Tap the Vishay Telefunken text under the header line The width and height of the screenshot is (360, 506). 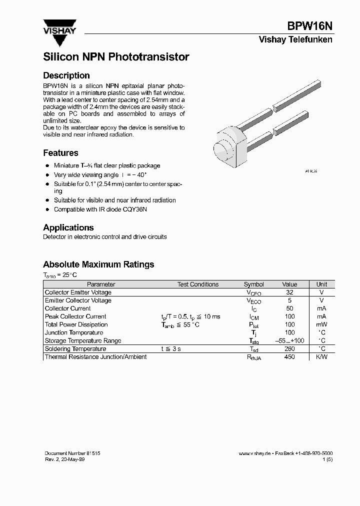(x=295, y=40)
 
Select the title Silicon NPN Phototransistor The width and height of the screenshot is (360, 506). (x=116, y=57)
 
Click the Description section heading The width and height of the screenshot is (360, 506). (x=66, y=75)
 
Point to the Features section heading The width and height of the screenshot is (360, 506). (x=60, y=153)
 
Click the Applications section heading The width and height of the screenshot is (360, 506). (x=68, y=227)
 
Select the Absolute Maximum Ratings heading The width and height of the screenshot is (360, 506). (x=98, y=264)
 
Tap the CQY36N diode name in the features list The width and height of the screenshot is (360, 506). (x=135, y=209)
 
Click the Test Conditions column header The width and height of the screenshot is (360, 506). (x=198, y=284)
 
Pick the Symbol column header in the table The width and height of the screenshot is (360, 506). (x=253, y=284)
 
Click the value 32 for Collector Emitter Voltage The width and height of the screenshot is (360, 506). (x=289, y=292)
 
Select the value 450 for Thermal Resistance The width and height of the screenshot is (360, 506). (x=289, y=357)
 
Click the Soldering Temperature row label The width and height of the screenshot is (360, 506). (x=75, y=349)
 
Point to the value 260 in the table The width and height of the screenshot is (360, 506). (x=289, y=349)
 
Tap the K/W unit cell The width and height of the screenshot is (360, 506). (x=321, y=357)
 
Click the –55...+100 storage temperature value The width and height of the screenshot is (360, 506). (x=289, y=341)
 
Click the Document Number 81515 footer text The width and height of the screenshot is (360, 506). (x=72, y=453)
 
